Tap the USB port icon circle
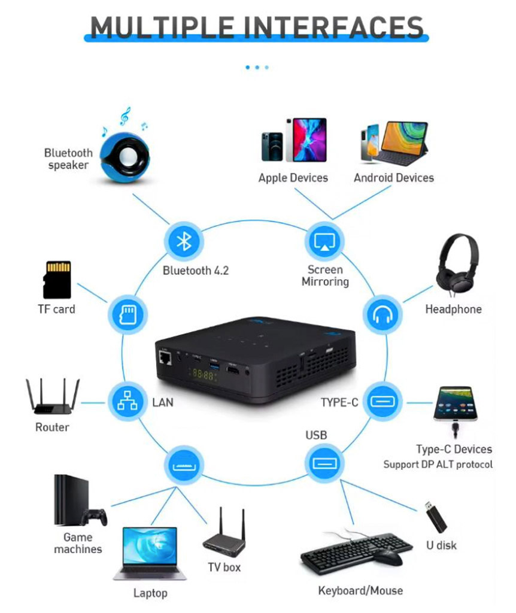[325, 463]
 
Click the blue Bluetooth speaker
[124, 156]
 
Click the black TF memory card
[57, 279]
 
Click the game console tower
[68, 500]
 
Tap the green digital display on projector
[202, 375]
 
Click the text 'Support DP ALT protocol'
[438, 465]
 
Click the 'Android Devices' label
[393, 178]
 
